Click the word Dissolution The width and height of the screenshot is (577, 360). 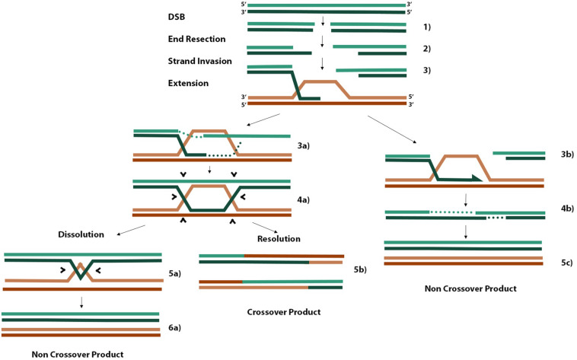tap(80, 234)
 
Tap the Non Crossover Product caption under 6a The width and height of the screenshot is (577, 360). tap(78, 354)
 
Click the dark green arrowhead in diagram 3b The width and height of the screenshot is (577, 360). tap(474, 178)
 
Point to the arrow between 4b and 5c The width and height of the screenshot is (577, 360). tap(465, 231)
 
